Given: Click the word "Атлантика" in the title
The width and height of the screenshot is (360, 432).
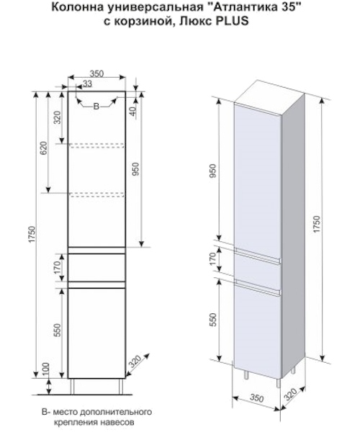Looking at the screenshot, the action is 241,7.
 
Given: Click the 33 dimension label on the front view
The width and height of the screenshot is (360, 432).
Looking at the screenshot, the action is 87,84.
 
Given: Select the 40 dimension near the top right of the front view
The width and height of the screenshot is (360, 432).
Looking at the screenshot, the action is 132,111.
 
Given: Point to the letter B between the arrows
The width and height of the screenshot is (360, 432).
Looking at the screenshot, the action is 96,106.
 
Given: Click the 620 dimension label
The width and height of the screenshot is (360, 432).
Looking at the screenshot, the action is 44,148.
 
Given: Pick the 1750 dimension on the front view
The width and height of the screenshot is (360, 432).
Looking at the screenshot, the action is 32,235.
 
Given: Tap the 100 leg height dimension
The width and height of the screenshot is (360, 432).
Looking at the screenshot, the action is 46,369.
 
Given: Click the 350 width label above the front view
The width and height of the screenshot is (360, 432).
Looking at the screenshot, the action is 96,73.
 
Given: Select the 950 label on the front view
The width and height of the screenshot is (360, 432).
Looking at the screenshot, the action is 137,169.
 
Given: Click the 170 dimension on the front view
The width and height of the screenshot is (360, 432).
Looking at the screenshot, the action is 57,267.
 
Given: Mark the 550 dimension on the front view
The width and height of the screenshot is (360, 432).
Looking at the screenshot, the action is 57,330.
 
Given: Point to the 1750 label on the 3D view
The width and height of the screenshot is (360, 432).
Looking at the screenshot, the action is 317,223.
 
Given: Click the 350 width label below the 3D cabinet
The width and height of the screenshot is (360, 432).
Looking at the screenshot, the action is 256,397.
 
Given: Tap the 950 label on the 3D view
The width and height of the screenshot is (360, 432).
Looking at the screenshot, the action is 213,171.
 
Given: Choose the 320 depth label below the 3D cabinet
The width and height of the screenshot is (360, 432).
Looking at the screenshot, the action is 290,394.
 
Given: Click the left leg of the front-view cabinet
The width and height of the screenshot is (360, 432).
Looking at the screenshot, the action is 72,386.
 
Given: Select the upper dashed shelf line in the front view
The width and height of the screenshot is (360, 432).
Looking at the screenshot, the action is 96,145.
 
